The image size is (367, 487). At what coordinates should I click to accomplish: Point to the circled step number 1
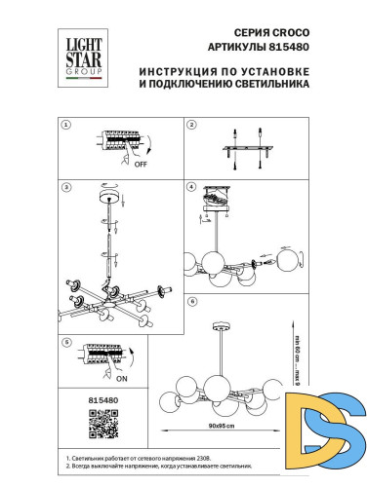pos(66,126)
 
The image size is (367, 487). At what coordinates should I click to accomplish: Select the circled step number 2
pos(192,126)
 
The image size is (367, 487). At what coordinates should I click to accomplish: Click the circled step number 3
pos(66,187)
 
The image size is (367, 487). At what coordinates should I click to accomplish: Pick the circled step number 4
pos(192,187)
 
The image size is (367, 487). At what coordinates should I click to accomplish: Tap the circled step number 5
pos(66,344)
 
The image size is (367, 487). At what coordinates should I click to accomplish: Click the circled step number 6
pos(192,302)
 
